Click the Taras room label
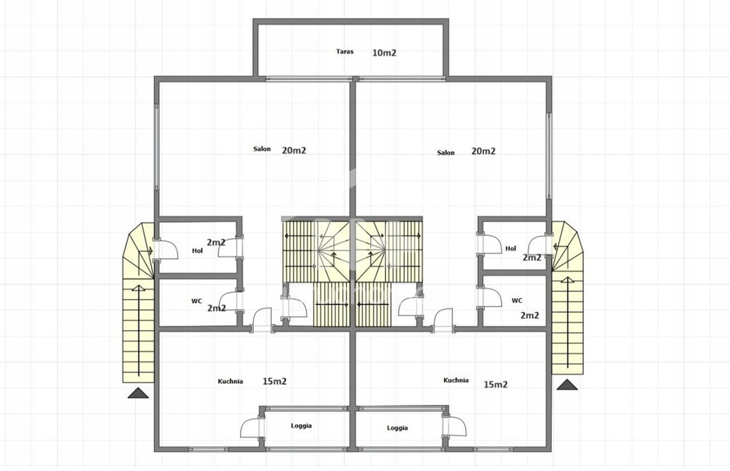tap(344, 51)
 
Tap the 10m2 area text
tap(384, 53)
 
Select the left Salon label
tap(262, 149)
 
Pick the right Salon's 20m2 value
tap(483, 151)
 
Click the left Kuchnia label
tap(230, 381)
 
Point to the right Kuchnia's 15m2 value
tap(495, 385)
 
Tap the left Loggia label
tap(302, 426)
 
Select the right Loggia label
tap(397, 428)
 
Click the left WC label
tap(197, 301)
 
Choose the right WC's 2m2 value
tap(530, 315)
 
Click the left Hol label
tap(197, 250)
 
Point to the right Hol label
tap(510, 249)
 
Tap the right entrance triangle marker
tap(567, 385)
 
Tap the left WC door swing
tap(229, 301)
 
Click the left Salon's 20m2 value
tap(294, 150)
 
